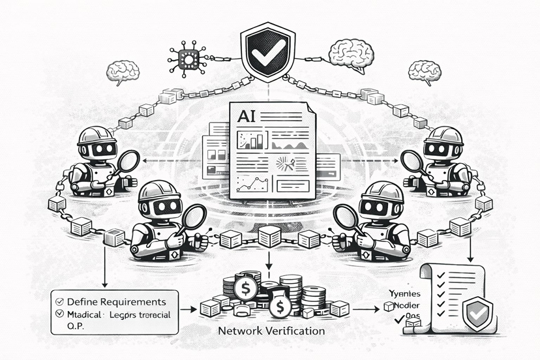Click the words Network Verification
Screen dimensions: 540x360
point(271,331)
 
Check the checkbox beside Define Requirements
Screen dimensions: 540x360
point(59,302)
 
